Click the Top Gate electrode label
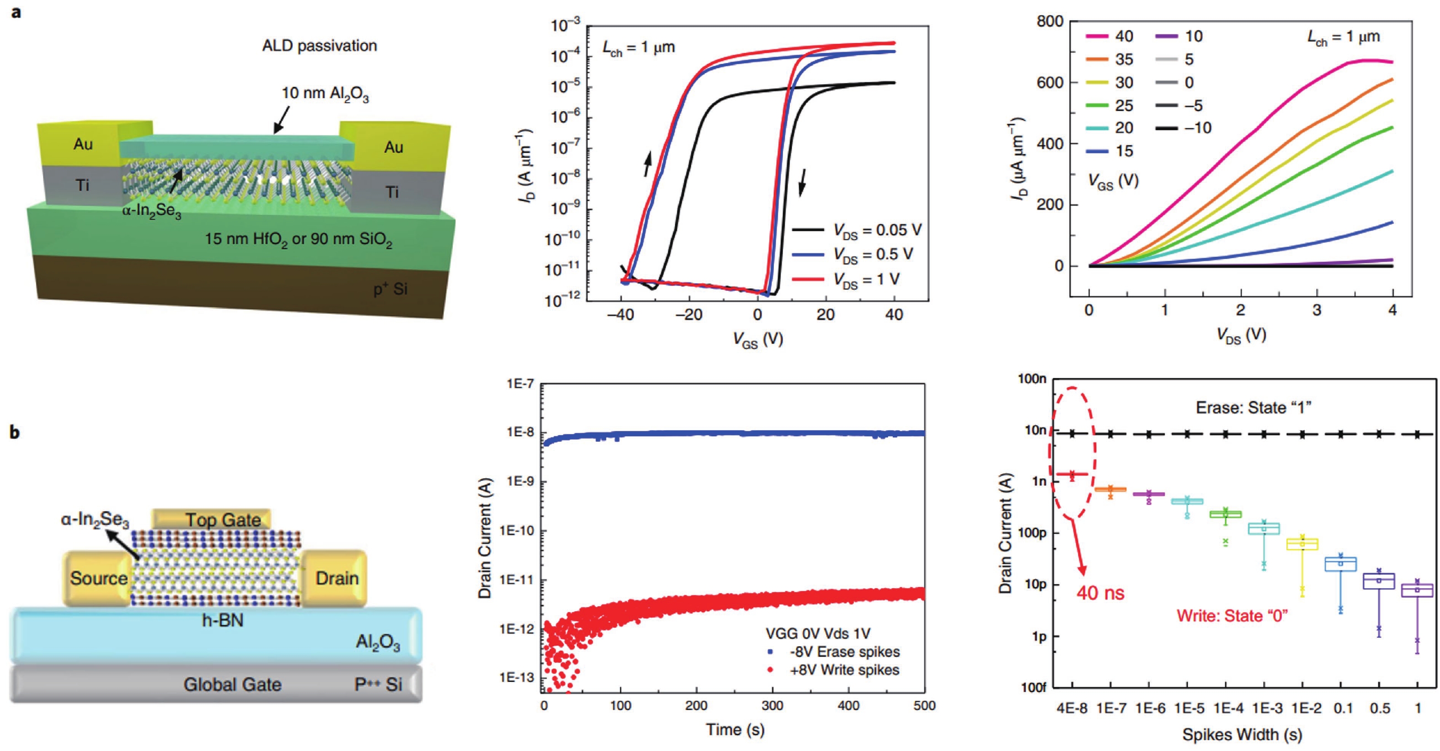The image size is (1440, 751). [223, 520]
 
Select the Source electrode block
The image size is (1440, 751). [98, 578]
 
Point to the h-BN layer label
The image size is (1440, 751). [223, 620]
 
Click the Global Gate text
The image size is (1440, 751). [233, 684]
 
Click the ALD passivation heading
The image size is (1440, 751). [320, 46]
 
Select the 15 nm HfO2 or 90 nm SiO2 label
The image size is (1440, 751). [299, 240]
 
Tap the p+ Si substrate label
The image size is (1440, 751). [390, 289]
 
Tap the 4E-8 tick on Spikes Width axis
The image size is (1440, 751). [1072, 709]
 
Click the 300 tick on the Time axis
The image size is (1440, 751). [773, 706]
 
